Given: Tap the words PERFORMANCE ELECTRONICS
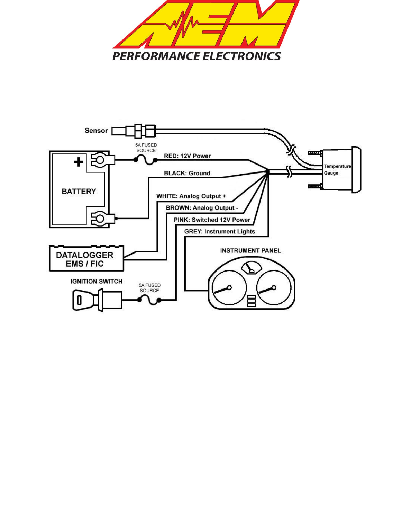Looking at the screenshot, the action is [197, 56].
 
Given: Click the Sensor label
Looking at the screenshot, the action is [96, 131].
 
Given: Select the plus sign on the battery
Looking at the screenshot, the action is [79, 162].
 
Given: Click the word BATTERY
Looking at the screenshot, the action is [79, 192].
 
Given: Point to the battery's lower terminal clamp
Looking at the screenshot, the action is [102, 218].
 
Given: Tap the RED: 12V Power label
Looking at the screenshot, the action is [187, 156].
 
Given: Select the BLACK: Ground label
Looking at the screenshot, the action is [187, 173].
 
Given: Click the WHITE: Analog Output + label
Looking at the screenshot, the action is [191, 196].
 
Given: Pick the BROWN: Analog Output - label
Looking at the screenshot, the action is [202, 208].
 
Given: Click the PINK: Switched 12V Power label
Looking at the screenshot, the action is [212, 220].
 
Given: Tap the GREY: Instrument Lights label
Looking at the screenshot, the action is [220, 231].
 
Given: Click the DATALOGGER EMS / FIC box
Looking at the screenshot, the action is [86, 258].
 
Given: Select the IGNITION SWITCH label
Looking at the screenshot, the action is [96, 282].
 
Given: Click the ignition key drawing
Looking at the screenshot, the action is [97, 300].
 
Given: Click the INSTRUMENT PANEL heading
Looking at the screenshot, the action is [250, 251].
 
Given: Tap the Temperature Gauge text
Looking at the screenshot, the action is [337, 169].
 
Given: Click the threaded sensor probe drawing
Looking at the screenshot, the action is [134, 131].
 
